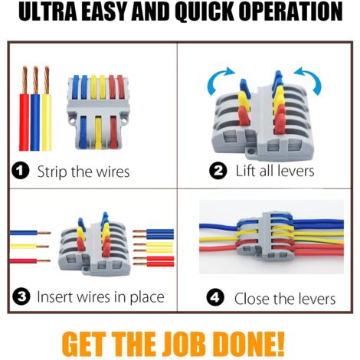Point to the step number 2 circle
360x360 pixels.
click(219, 170)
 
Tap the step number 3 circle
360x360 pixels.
click(22, 296)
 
